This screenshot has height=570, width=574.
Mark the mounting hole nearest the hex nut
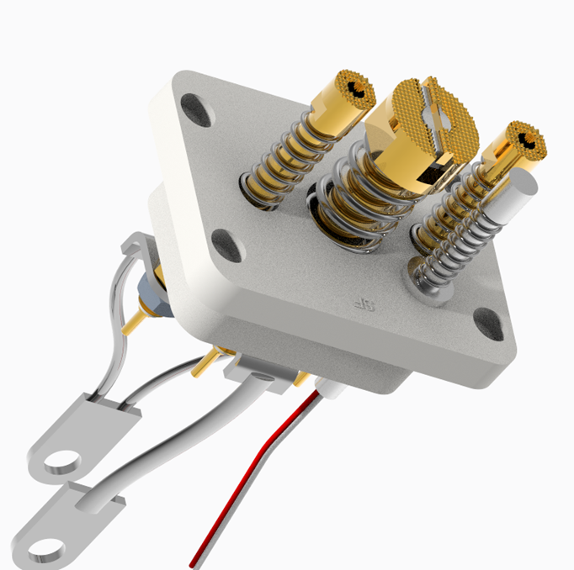pos(226,244)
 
